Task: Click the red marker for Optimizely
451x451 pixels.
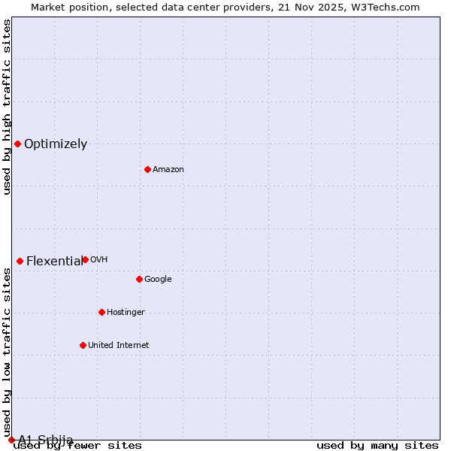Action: click(17, 144)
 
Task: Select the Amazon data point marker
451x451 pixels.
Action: click(147, 169)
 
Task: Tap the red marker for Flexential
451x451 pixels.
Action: click(20, 261)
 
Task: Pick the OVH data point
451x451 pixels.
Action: click(85, 259)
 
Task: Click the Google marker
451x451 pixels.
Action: click(139, 279)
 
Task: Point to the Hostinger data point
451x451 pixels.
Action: click(101, 312)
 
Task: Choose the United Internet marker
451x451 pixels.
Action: click(83, 345)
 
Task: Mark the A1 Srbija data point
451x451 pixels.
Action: click(11, 440)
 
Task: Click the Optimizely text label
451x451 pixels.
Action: click(56, 144)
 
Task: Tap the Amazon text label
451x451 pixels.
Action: click(168, 170)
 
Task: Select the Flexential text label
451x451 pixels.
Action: click(54, 262)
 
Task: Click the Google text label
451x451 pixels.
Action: click(158, 280)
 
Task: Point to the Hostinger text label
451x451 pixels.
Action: click(126, 313)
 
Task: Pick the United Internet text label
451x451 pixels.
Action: click(118, 346)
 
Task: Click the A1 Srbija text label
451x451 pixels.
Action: click(46, 440)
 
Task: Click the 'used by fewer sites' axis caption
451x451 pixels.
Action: click(77, 446)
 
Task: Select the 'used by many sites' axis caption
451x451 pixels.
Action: click(377, 446)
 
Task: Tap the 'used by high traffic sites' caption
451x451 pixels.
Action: click(7, 107)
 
